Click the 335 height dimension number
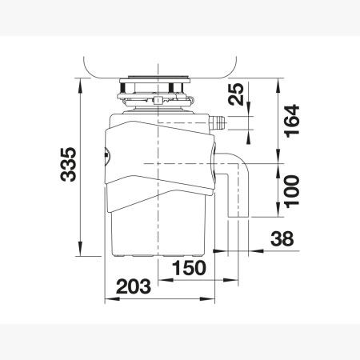tap(68, 164)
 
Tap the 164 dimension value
tap(292, 121)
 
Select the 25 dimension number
tap(236, 94)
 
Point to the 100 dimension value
tap(292, 191)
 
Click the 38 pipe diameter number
tap(282, 238)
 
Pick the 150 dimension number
tap(190, 268)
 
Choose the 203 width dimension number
tap(134, 286)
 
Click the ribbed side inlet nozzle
tap(218, 123)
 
